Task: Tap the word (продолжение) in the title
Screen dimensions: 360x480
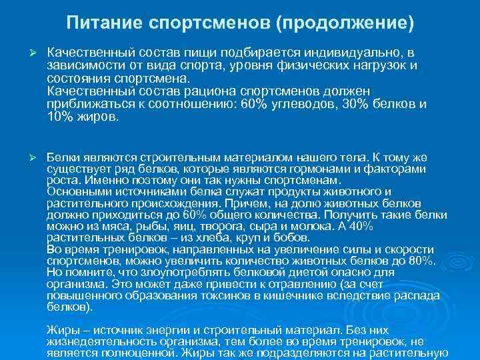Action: coord(345,24)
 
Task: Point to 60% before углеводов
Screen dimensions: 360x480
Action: coord(253,105)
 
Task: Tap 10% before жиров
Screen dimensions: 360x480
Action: coord(59,116)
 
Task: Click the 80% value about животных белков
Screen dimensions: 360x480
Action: coord(421,260)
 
